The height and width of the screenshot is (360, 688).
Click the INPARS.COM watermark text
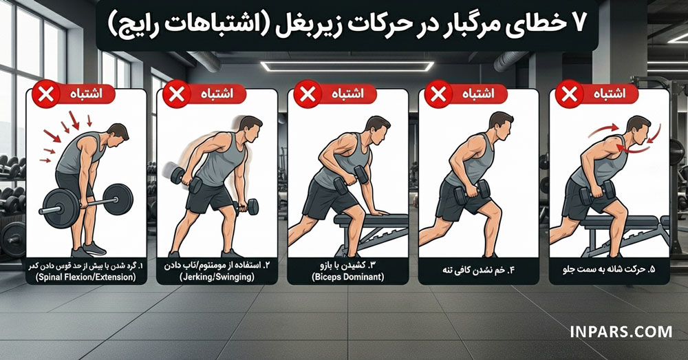621,332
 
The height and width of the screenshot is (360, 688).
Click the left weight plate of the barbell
57,204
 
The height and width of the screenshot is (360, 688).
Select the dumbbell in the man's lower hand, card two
247,206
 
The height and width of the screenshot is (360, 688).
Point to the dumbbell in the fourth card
477,191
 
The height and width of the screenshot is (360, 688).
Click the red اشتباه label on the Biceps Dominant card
348,94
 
